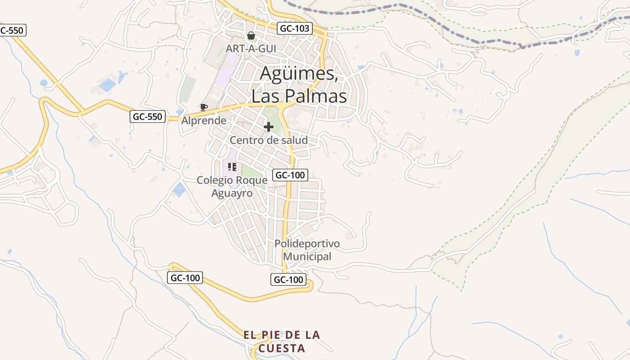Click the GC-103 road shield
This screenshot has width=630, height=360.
[295, 28]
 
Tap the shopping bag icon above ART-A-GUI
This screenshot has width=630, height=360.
[251, 36]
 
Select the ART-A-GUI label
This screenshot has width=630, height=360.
[251, 48]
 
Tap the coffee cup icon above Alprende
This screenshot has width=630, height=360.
[203, 107]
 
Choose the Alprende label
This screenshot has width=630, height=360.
[204, 121]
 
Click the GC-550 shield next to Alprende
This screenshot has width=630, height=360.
[148, 117]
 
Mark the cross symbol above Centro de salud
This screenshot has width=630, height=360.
[269, 127]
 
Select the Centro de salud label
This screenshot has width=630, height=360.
[269, 140]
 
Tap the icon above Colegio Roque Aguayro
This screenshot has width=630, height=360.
[232, 167]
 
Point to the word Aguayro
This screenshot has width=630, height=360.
[232, 193]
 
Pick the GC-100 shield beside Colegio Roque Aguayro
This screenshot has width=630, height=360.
[290, 175]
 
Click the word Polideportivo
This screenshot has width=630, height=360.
[307, 243]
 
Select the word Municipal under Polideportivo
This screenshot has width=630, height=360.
[307, 256]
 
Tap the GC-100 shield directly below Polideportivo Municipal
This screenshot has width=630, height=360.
[288, 279]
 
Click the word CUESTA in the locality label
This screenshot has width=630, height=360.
[282, 348]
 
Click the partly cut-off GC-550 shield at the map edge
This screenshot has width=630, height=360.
[13, 31]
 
